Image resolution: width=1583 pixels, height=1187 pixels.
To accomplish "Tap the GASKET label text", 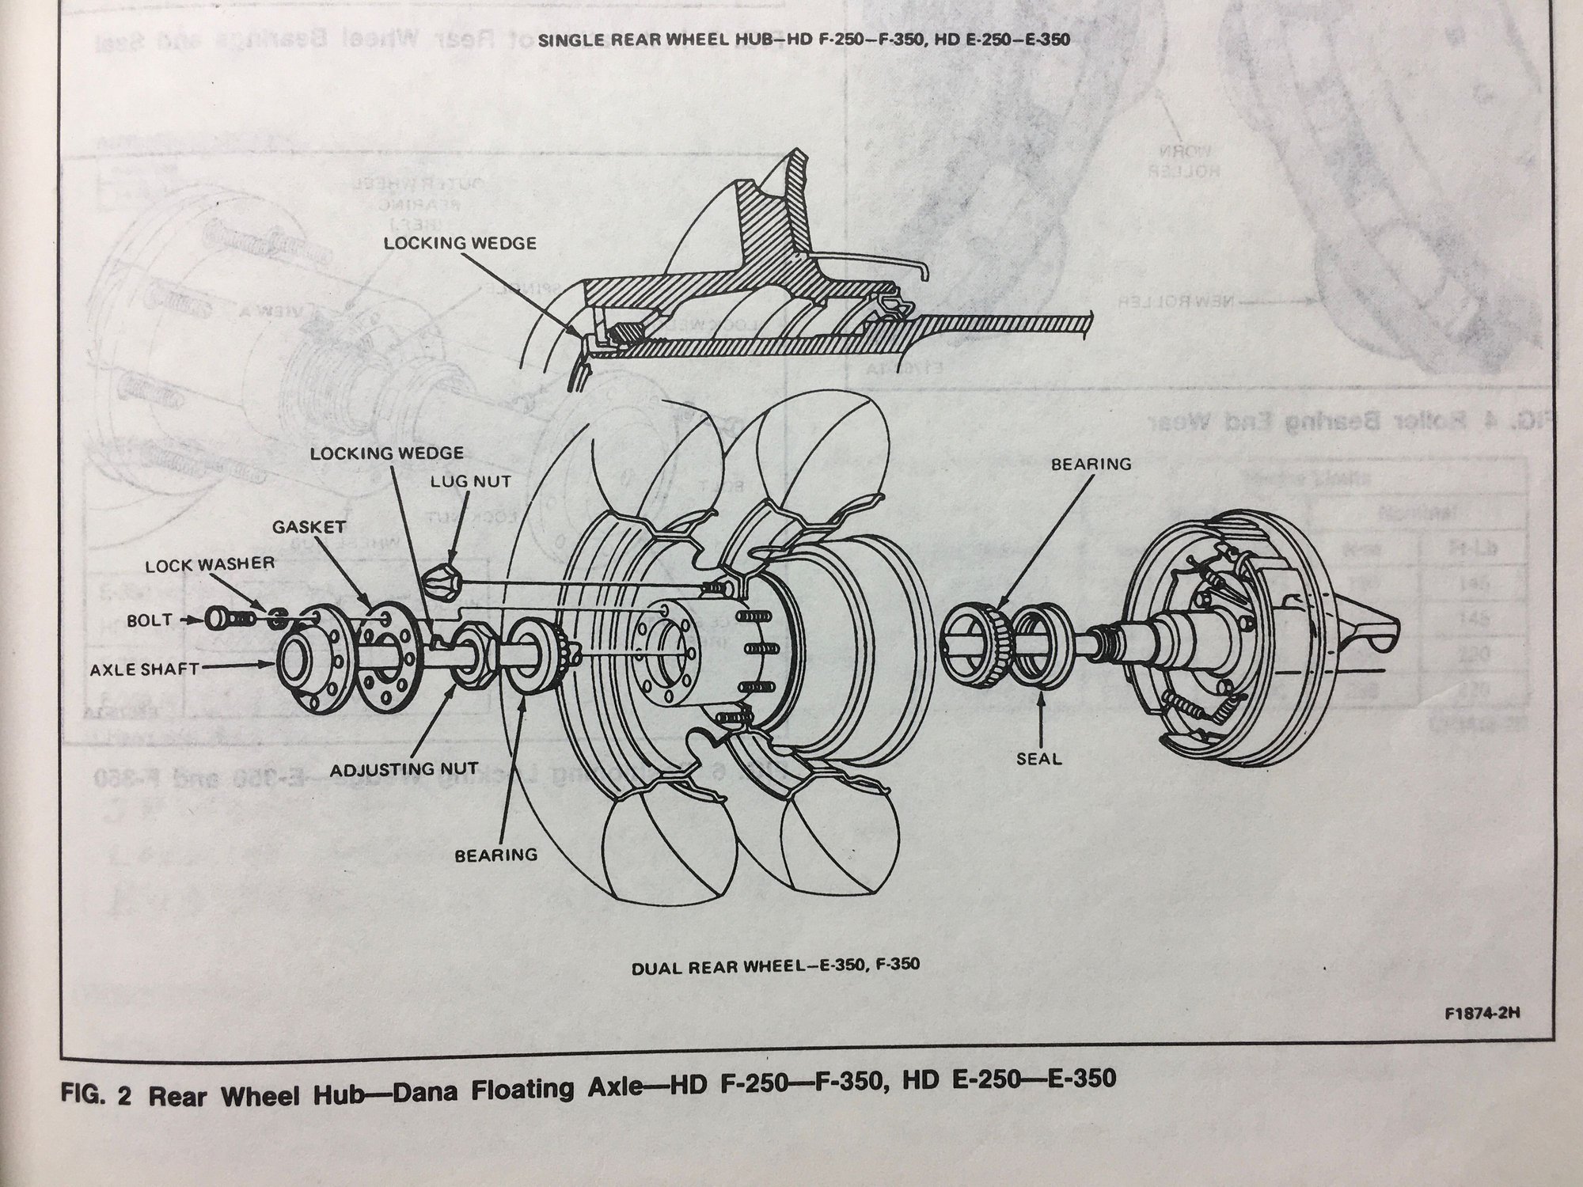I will pyautogui.click(x=309, y=526).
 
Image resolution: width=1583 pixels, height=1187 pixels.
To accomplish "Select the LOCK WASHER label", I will pyautogui.click(x=209, y=563).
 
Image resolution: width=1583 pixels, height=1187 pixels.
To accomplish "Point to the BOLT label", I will pyautogui.click(x=150, y=620).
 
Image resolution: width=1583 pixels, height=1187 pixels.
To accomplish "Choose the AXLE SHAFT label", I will pyautogui.click(x=144, y=669).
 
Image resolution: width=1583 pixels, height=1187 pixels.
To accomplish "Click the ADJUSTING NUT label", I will pyautogui.click(x=404, y=768).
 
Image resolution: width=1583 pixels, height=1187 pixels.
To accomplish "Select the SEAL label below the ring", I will pyautogui.click(x=1039, y=759).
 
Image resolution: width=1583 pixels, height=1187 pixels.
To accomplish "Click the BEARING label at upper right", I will pyautogui.click(x=1091, y=465).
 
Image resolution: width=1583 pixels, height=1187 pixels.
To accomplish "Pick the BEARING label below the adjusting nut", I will pyautogui.click(x=495, y=855).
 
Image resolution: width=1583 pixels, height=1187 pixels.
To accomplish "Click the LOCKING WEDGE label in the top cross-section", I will pyautogui.click(x=459, y=243).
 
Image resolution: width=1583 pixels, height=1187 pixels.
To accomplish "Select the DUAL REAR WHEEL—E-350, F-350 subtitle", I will pyautogui.click(x=776, y=965).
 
